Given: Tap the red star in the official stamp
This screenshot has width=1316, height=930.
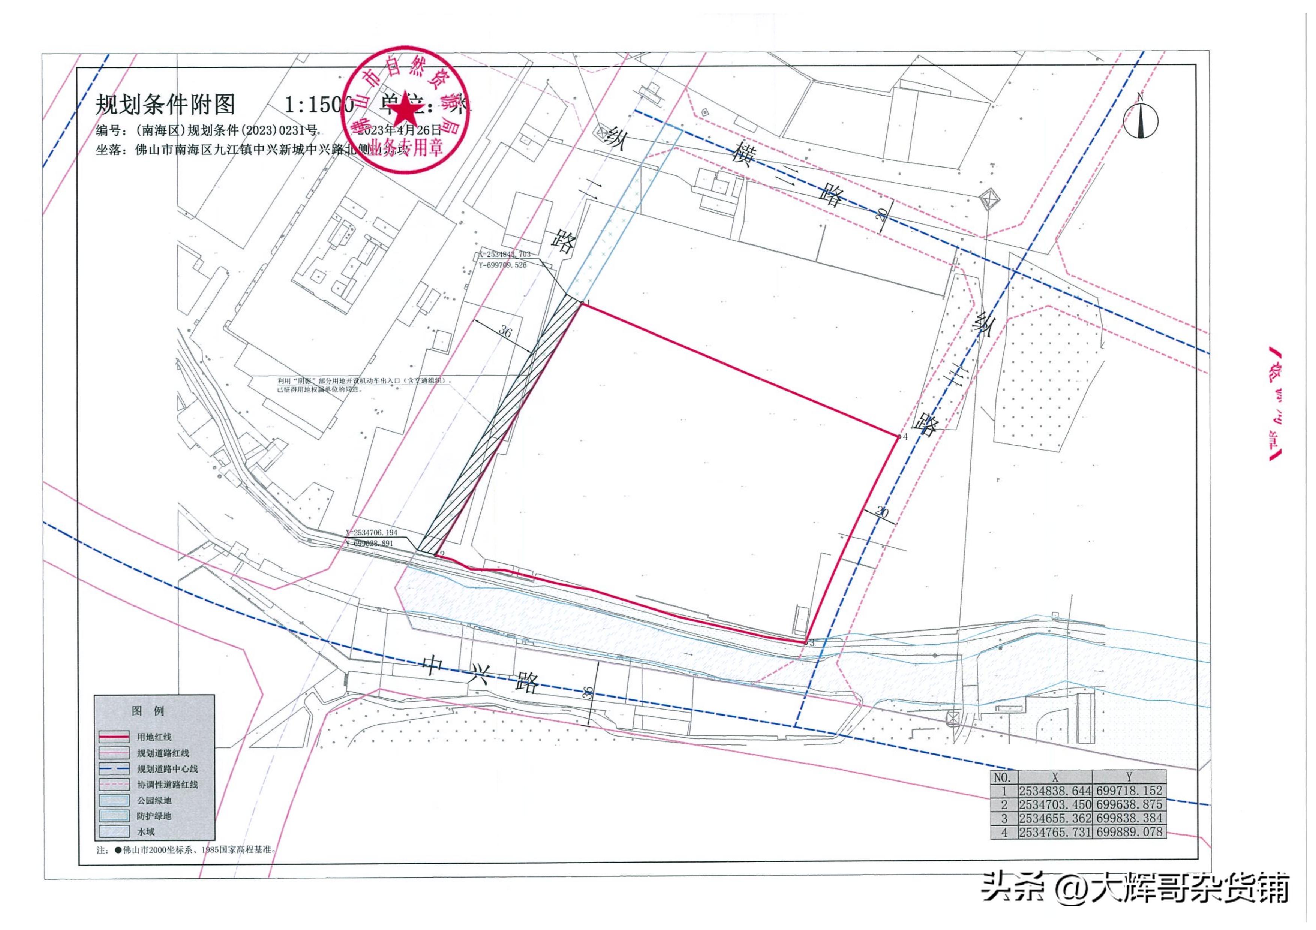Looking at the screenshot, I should (406, 107).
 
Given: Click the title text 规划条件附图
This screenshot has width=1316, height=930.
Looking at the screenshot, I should (165, 105).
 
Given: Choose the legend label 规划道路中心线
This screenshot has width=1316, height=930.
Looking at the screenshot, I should (167, 769).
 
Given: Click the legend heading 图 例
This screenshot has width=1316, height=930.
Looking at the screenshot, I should (148, 711).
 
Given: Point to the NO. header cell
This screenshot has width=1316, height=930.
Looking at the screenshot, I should (1004, 777).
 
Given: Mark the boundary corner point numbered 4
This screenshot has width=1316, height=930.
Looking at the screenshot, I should (898, 437).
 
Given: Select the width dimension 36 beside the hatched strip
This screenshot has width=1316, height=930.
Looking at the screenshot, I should (505, 331).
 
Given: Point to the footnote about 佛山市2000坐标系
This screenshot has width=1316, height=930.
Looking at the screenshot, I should (189, 866).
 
